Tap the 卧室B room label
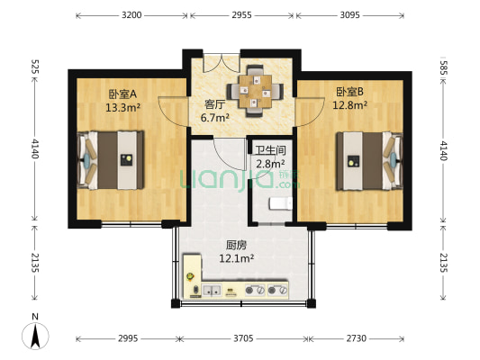coord(349,91)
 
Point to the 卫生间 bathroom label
coord(269,151)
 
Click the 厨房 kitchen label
coord(237,244)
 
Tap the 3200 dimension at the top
coord(131,15)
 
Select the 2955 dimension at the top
coord(241,15)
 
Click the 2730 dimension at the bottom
coord(357,338)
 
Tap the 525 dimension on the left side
coord(34,67)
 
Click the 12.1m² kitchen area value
coord(237,258)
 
